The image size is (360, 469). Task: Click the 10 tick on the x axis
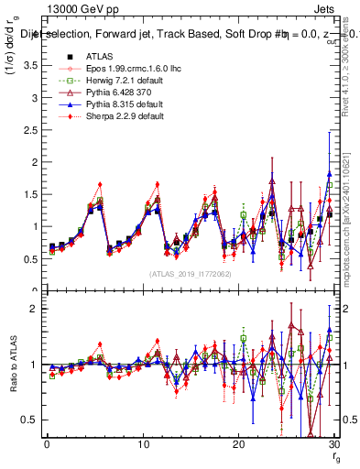tap(142, 446)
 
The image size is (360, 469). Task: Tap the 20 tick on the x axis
tap(237, 446)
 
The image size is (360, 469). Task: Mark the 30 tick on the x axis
tap(333, 446)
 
